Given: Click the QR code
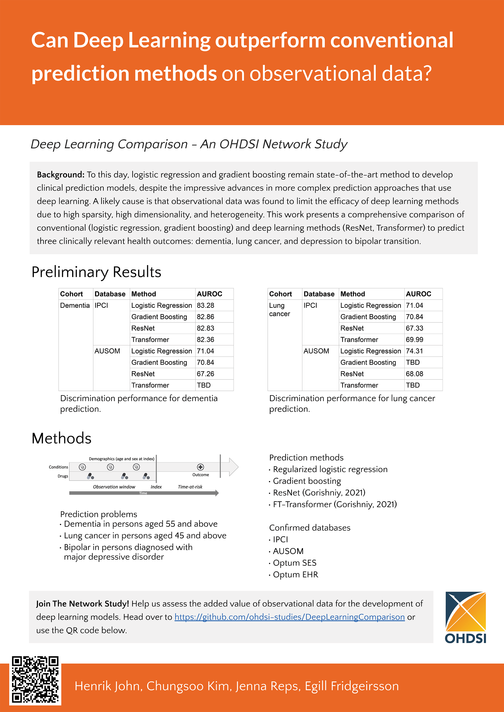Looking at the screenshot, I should (x=35, y=679).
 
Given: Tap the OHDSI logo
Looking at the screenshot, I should (x=466, y=617).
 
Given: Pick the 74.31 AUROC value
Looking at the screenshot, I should (x=414, y=351).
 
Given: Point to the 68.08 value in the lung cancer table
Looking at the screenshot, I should (x=414, y=374).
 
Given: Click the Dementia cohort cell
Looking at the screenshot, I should (x=75, y=305).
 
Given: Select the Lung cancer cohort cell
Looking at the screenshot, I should (x=279, y=309).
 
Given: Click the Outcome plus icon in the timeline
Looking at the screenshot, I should (x=201, y=467).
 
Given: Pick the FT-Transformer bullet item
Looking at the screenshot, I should (x=335, y=505).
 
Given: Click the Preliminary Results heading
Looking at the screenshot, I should (x=96, y=272).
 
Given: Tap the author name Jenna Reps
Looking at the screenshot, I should (x=268, y=686).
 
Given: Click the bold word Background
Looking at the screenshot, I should (x=60, y=175).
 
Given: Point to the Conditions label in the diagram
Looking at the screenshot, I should (x=58, y=467).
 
